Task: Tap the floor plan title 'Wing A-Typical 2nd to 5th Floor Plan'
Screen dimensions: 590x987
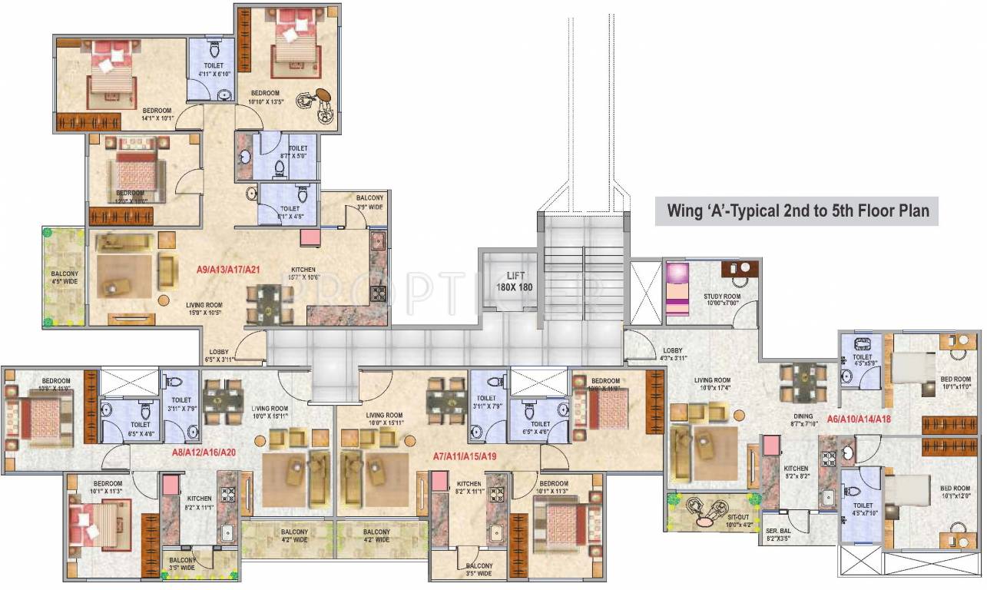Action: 796,210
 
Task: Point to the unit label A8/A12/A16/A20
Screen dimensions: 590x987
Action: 204,452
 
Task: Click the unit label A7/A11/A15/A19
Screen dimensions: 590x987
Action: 464,455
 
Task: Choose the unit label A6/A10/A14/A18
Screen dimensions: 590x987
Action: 859,419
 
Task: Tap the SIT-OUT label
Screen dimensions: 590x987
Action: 740,521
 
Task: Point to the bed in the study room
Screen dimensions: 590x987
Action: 678,288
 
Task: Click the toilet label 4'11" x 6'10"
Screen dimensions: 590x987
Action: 214,70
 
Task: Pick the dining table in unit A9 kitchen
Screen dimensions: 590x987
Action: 269,303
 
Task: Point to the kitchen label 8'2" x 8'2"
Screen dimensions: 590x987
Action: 796,472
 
